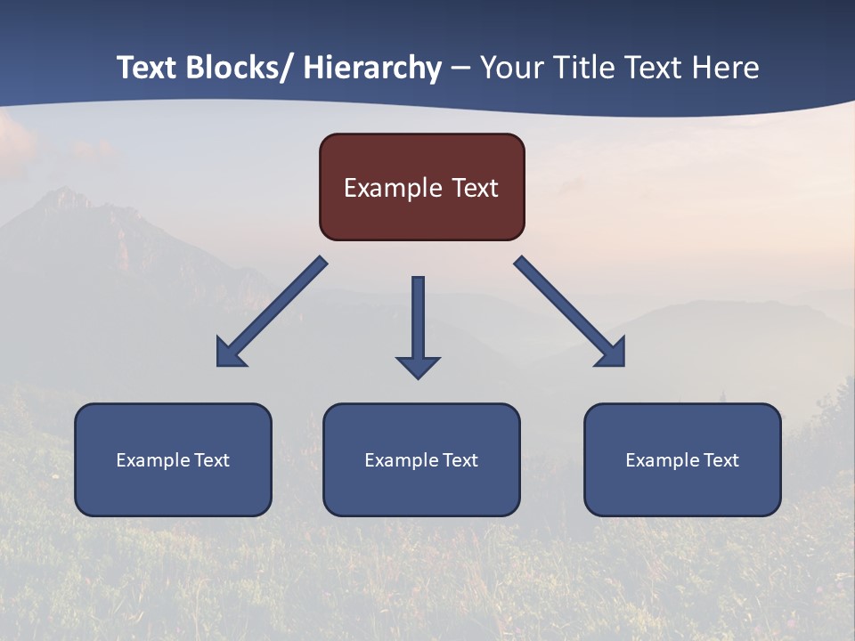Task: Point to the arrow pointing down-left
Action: click(272, 312)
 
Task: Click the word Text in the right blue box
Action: click(720, 460)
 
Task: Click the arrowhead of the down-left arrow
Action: click(229, 353)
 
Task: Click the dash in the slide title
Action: click(460, 68)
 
